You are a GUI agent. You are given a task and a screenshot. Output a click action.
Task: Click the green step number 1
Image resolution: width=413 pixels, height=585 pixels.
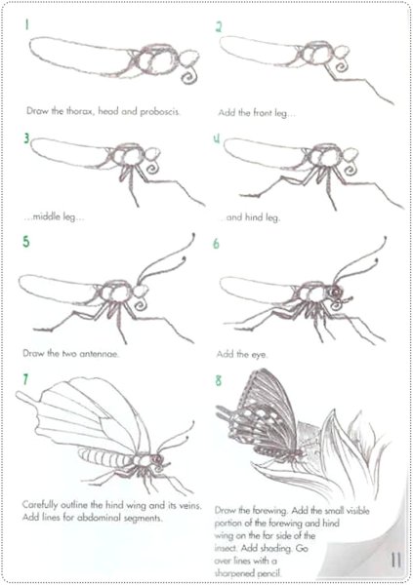26,24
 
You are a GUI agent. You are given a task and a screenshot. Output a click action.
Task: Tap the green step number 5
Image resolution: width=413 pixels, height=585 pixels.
25,242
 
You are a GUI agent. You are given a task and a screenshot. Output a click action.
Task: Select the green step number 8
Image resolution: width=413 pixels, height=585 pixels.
219,380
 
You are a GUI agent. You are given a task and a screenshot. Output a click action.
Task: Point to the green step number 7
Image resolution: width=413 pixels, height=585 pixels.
25,379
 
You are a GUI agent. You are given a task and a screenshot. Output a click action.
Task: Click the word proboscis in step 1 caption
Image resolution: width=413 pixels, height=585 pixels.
160,111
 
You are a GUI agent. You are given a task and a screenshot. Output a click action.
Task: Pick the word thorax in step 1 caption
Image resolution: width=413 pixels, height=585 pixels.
79,111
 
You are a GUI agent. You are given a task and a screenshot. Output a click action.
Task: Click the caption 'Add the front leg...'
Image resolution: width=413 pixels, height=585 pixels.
257,113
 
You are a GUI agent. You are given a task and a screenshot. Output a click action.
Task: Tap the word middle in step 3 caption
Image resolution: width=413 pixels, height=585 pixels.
46,216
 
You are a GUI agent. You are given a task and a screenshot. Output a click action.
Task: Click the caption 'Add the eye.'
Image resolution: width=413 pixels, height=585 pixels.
242,354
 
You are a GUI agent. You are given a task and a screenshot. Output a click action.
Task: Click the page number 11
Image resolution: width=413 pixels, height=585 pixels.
395,560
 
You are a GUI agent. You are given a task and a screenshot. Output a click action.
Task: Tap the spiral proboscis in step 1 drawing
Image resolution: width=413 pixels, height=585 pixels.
188,75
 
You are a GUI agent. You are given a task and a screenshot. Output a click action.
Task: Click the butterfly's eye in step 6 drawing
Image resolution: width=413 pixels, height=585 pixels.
334,291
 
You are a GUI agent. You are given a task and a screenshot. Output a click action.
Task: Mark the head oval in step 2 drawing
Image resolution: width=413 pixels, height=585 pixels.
342,53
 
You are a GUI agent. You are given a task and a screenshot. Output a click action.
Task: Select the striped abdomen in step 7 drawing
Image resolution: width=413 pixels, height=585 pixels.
104,457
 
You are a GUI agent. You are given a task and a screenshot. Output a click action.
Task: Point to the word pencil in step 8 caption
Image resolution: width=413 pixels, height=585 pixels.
267,573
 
